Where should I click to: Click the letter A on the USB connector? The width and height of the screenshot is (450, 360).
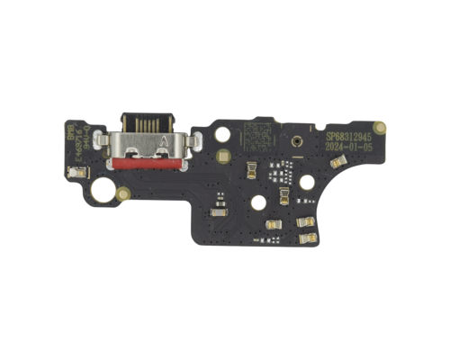point(163,141)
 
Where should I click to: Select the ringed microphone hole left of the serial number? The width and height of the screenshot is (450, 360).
point(294,142)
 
